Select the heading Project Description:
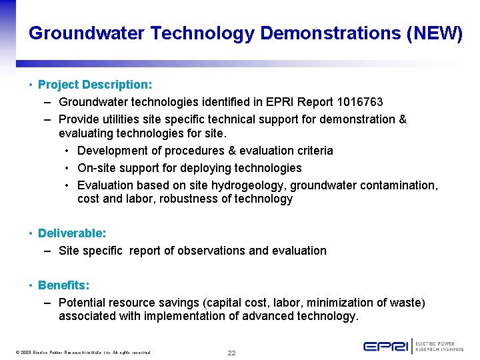click(x=95, y=85)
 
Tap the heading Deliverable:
click(x=72, y=233)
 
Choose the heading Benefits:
click(x=63, y=285)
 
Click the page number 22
click(x=231, y=353)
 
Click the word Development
click(x=111, y=151)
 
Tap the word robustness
click(x=187, y=199)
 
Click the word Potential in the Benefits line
click(x=83, y=303)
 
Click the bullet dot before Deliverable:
click(x=31, y=233)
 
